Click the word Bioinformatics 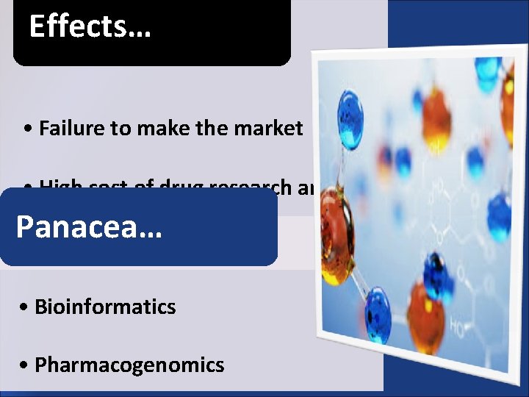[105, 306]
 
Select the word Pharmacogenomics [129, 365]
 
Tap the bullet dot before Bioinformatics [26, 307]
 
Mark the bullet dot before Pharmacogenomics [26, 365]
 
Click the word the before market [212, 129]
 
